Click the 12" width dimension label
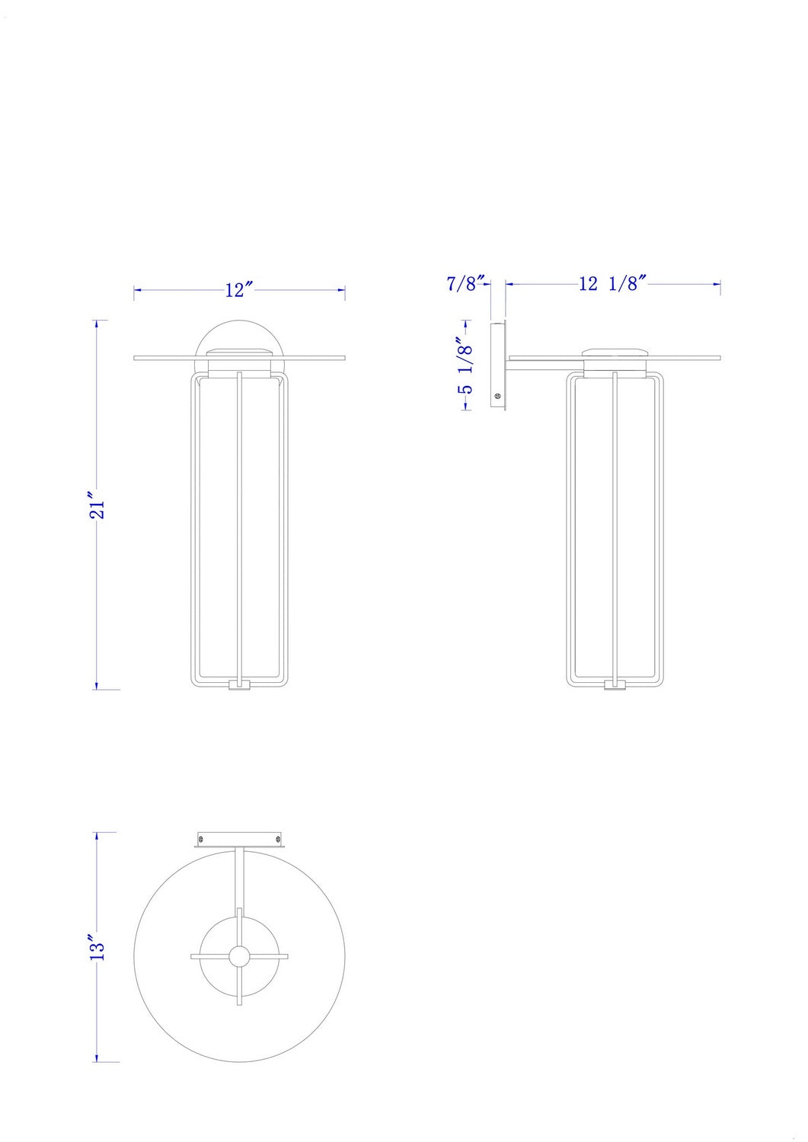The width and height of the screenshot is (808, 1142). [x=240, y=290]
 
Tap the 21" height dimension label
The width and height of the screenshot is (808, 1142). [x=97, y=506]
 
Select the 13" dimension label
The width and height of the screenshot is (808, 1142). [x=97, y=947]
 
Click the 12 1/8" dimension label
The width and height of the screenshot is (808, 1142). [x=612, y=283]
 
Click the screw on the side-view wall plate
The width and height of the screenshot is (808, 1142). [x=498, y=395]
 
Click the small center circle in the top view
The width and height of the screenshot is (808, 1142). [x=239, y=956]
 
